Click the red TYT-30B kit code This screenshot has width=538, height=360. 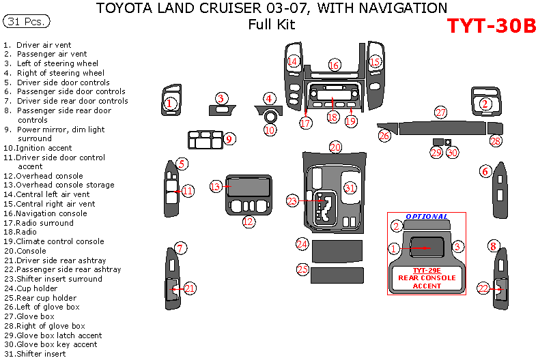[491, 25]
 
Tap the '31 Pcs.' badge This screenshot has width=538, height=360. [27, 22]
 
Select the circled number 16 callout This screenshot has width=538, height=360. [334, 65]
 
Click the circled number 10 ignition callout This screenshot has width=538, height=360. [270, 129]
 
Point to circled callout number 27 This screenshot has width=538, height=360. [441, 112]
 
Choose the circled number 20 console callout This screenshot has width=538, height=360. [335, 147]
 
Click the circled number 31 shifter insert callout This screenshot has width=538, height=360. [350, 188]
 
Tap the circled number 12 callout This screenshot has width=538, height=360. [249, 221]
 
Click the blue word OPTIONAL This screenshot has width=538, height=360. [427, 217]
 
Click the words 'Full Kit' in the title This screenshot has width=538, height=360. [272, 25]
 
